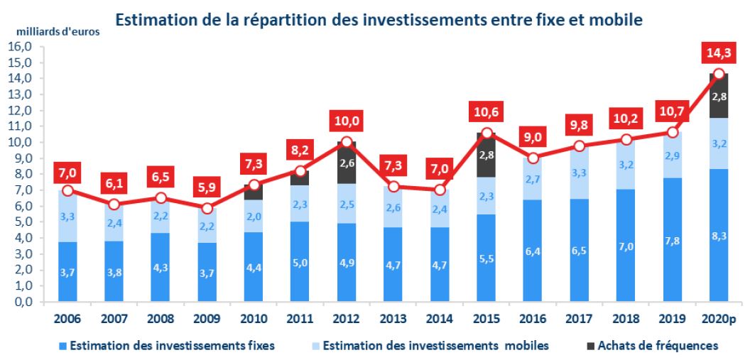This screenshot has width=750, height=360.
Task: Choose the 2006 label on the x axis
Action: [x=67, y=319]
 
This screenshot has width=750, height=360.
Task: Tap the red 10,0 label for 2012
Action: [x=346, y=121]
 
